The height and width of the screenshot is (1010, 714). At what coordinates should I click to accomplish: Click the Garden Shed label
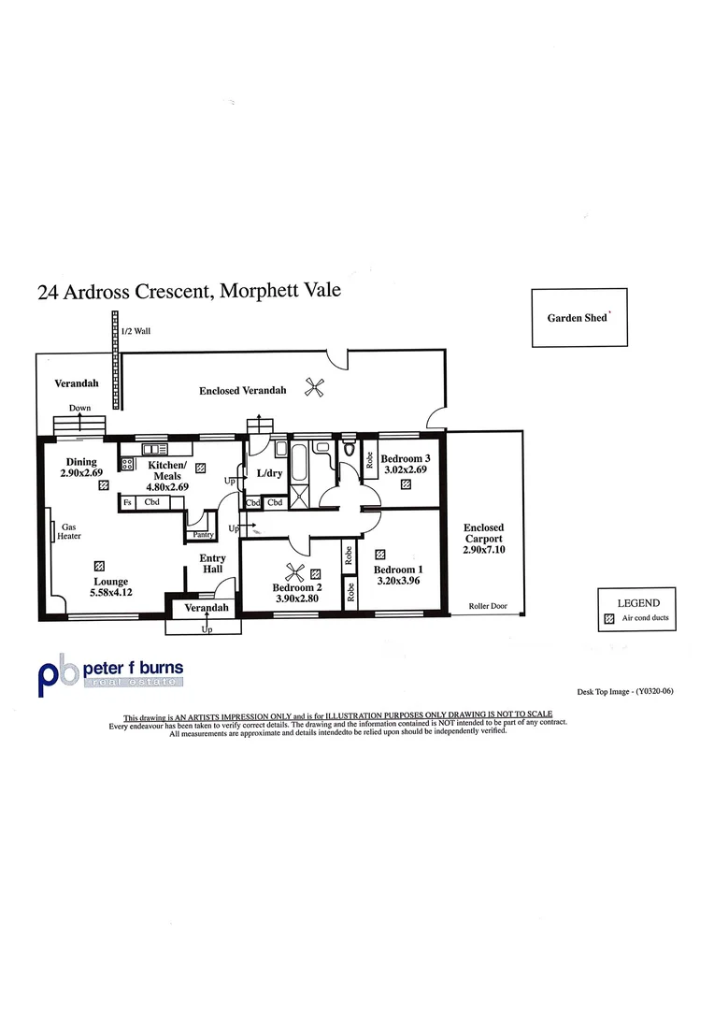click(x=578, y=318)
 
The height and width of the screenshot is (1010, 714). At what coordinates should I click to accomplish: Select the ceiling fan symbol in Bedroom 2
click(x=294, y=575)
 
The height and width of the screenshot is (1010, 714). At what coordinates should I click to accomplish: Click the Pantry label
click(x=204, y=535)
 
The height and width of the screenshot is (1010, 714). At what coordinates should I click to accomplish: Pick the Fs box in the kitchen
click(x=127, y=503)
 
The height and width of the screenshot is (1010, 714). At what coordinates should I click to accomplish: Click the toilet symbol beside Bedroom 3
click(x=350, y=451)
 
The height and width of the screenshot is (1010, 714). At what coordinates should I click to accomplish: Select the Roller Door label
click(x=486, y=606)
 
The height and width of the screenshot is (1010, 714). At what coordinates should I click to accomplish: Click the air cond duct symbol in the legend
click(x=609, y=619)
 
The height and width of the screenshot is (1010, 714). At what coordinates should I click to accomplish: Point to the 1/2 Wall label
click(x=136, y=331)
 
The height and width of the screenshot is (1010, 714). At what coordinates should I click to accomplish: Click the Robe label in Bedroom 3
click(x=370, y=459)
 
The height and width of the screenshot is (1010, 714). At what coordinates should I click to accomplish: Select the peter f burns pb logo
click(x=53, y=674)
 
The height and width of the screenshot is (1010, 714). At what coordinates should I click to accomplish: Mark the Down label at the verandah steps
click(x=79, y=408)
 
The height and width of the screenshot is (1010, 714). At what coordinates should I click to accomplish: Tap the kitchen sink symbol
click(x=151, y=448)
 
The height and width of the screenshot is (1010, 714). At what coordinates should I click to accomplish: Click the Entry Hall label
click(x=213, y=564)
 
